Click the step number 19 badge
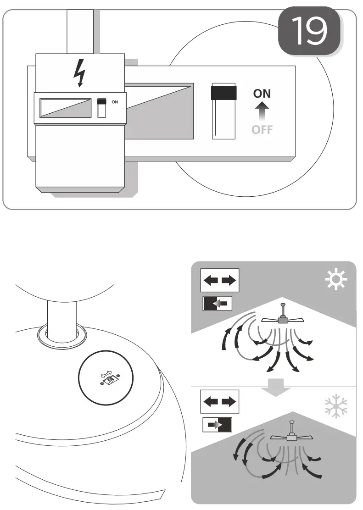pos(310,31)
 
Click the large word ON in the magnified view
pos(262,94)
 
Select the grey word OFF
pos(262,130)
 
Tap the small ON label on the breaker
pos(115,102)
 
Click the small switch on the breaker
pos(102,107)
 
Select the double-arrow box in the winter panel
pos(220,402)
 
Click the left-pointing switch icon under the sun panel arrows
pos(218,303)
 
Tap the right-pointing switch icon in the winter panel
pos(218,425)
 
